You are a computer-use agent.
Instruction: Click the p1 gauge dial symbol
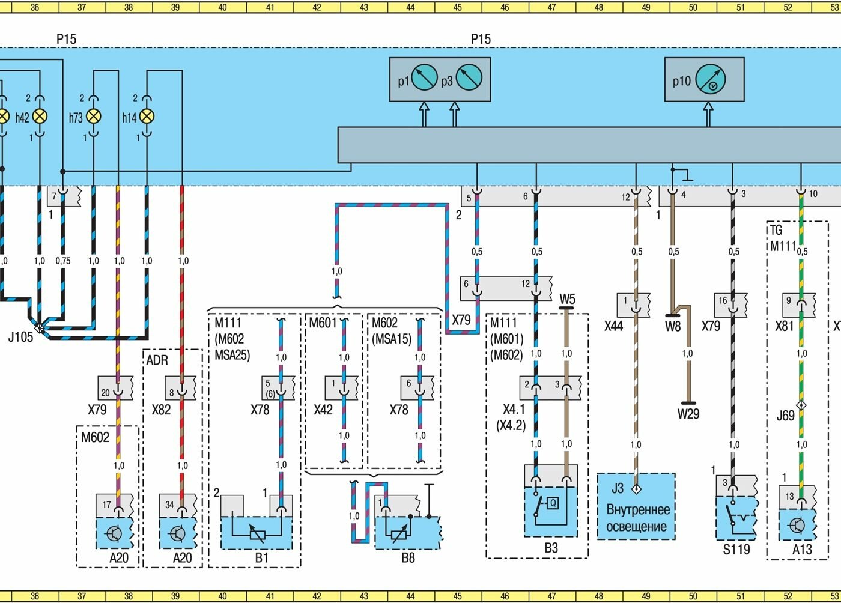(x=425, y=79)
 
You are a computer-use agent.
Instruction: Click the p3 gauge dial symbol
(x=469, y=79)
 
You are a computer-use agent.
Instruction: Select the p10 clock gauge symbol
(x=710, y=80)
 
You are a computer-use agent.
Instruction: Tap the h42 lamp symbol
(x=40, y=117)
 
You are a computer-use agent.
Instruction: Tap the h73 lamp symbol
(x=94, y=117)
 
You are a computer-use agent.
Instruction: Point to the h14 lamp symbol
(x=147, y=117)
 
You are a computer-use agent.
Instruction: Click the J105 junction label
(x=20, y=337)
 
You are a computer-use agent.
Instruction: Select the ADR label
(x=157, y=360)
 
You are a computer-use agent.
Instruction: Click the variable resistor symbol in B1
(x=257, y=532)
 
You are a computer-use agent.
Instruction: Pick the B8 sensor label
(x=408, y=558)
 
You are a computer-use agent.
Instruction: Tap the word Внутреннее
(x=637, y=510)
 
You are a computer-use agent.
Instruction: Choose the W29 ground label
(x=688, y=414)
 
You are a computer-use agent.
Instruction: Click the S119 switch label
(x=736, y=549)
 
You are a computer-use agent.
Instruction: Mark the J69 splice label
(x=785, y=415)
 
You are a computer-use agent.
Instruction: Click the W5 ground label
(x=567, y=299)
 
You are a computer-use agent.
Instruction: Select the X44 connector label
(x=613, y=326)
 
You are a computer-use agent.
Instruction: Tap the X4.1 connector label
(x=514, y=410)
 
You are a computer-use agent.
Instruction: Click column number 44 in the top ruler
(x=411, y=7)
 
